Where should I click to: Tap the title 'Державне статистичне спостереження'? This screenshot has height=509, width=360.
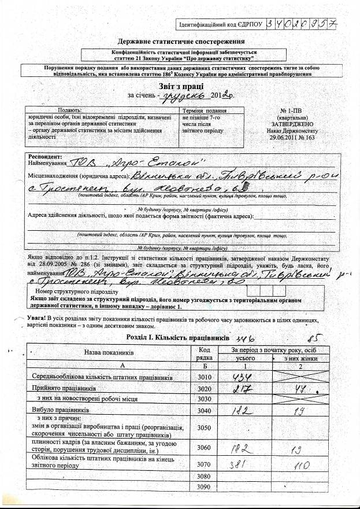[181, 42]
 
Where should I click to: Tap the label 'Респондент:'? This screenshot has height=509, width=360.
[44, 157]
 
